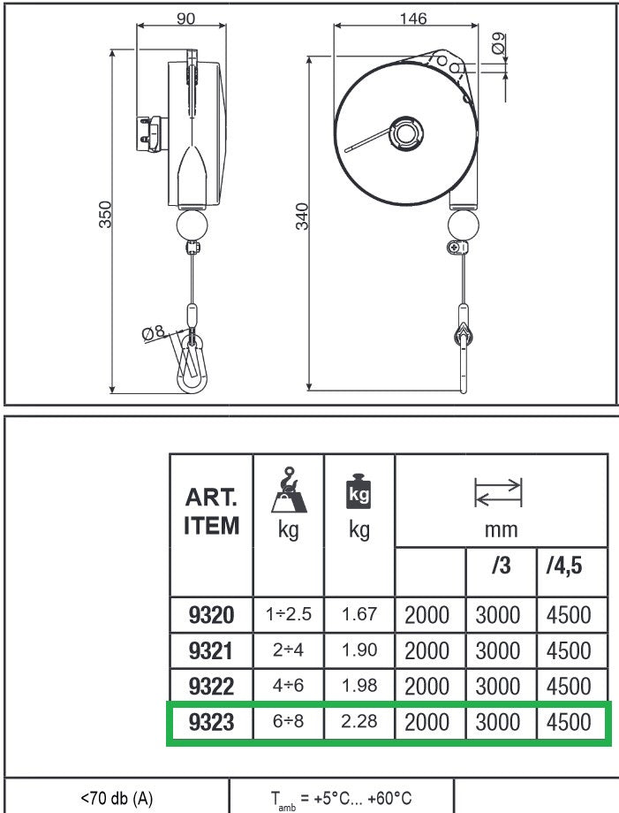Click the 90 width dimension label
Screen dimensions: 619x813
[186, 19]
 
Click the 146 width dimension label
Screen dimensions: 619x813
[413, 19]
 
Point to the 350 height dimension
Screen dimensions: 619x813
[105, 214]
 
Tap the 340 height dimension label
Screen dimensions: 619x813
[302, 217]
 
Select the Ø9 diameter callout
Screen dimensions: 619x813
[498, 43]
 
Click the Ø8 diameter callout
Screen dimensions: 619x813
[154, 332]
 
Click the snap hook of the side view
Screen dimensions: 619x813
[192, 363]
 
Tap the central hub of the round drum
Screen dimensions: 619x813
[406, 133]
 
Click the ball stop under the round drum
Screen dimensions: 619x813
[464, 225]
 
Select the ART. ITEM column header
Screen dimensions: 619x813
[211, 512]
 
